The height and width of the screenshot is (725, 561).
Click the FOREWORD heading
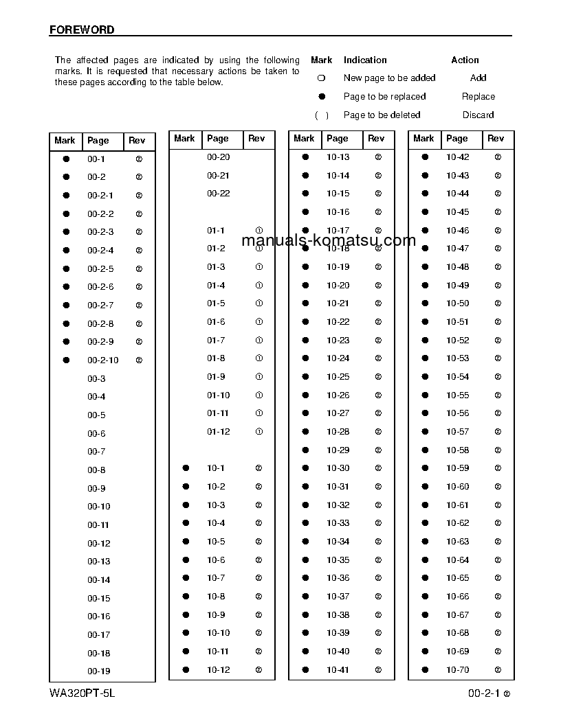point(82,30)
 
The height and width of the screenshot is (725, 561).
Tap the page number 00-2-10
point(102,360)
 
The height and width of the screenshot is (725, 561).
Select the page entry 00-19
point(98,671)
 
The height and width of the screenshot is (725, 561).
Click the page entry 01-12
point(219,432)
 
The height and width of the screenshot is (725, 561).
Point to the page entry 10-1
point(216,468)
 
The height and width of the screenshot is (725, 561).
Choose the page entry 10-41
point(338,670)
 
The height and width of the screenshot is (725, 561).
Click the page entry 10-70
point(457,670)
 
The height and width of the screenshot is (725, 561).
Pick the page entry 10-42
point(457,157)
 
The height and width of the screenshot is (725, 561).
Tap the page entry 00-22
point(219,194)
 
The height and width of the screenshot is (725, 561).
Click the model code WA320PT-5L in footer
point(82,693)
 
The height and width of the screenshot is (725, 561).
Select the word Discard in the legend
point(478,115)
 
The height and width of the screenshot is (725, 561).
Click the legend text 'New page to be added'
point(389,78)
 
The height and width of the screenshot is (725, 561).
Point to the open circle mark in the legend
point(321,78)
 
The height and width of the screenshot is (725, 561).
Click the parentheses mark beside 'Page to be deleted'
point(321,115)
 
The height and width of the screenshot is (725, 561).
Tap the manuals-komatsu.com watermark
point(329,240)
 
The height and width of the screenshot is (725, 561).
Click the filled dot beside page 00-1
point(67,159)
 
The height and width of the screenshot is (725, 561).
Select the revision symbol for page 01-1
point(259,231)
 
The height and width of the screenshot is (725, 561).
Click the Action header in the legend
point(465,60)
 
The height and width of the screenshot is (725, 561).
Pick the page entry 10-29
point(338,450)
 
